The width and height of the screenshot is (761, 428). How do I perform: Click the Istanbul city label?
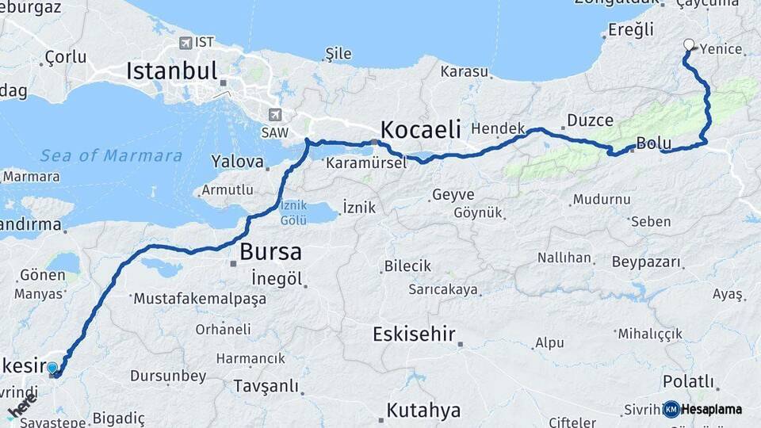point(171,71)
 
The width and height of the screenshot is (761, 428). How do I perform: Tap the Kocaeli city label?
point(420,129)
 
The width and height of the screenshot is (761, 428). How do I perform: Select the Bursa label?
point(270,252)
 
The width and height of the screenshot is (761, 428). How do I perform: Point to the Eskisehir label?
point(414,334)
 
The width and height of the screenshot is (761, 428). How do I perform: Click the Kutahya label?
point(423,410)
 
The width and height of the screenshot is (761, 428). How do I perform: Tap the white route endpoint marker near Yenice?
point(689,45)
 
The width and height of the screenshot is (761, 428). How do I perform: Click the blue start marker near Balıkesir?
point(52,368)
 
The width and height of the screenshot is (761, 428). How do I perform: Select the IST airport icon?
point(185,43)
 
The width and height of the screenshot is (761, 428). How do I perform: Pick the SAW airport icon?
point(275,115)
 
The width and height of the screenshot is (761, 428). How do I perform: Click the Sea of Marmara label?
point(111,155)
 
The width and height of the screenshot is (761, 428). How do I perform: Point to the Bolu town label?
point(654,144)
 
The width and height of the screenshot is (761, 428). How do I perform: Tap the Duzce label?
point(590,120)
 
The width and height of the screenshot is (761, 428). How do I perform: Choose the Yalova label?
point(237,162)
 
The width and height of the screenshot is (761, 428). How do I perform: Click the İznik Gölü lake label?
point(293,212)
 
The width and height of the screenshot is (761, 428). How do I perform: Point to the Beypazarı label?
point(647,262)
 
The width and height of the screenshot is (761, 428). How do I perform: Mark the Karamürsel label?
point(365,163)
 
